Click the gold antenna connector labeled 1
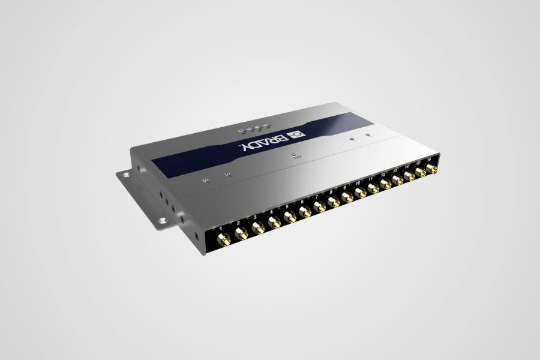224,241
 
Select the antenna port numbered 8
334,202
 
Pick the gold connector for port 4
274,223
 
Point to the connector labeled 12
385,184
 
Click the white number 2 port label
238,223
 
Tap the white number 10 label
358,182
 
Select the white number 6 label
302,202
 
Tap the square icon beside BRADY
296,134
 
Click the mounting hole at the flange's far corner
127,175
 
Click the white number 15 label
418,161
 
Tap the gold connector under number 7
320,207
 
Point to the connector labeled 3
258,229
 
